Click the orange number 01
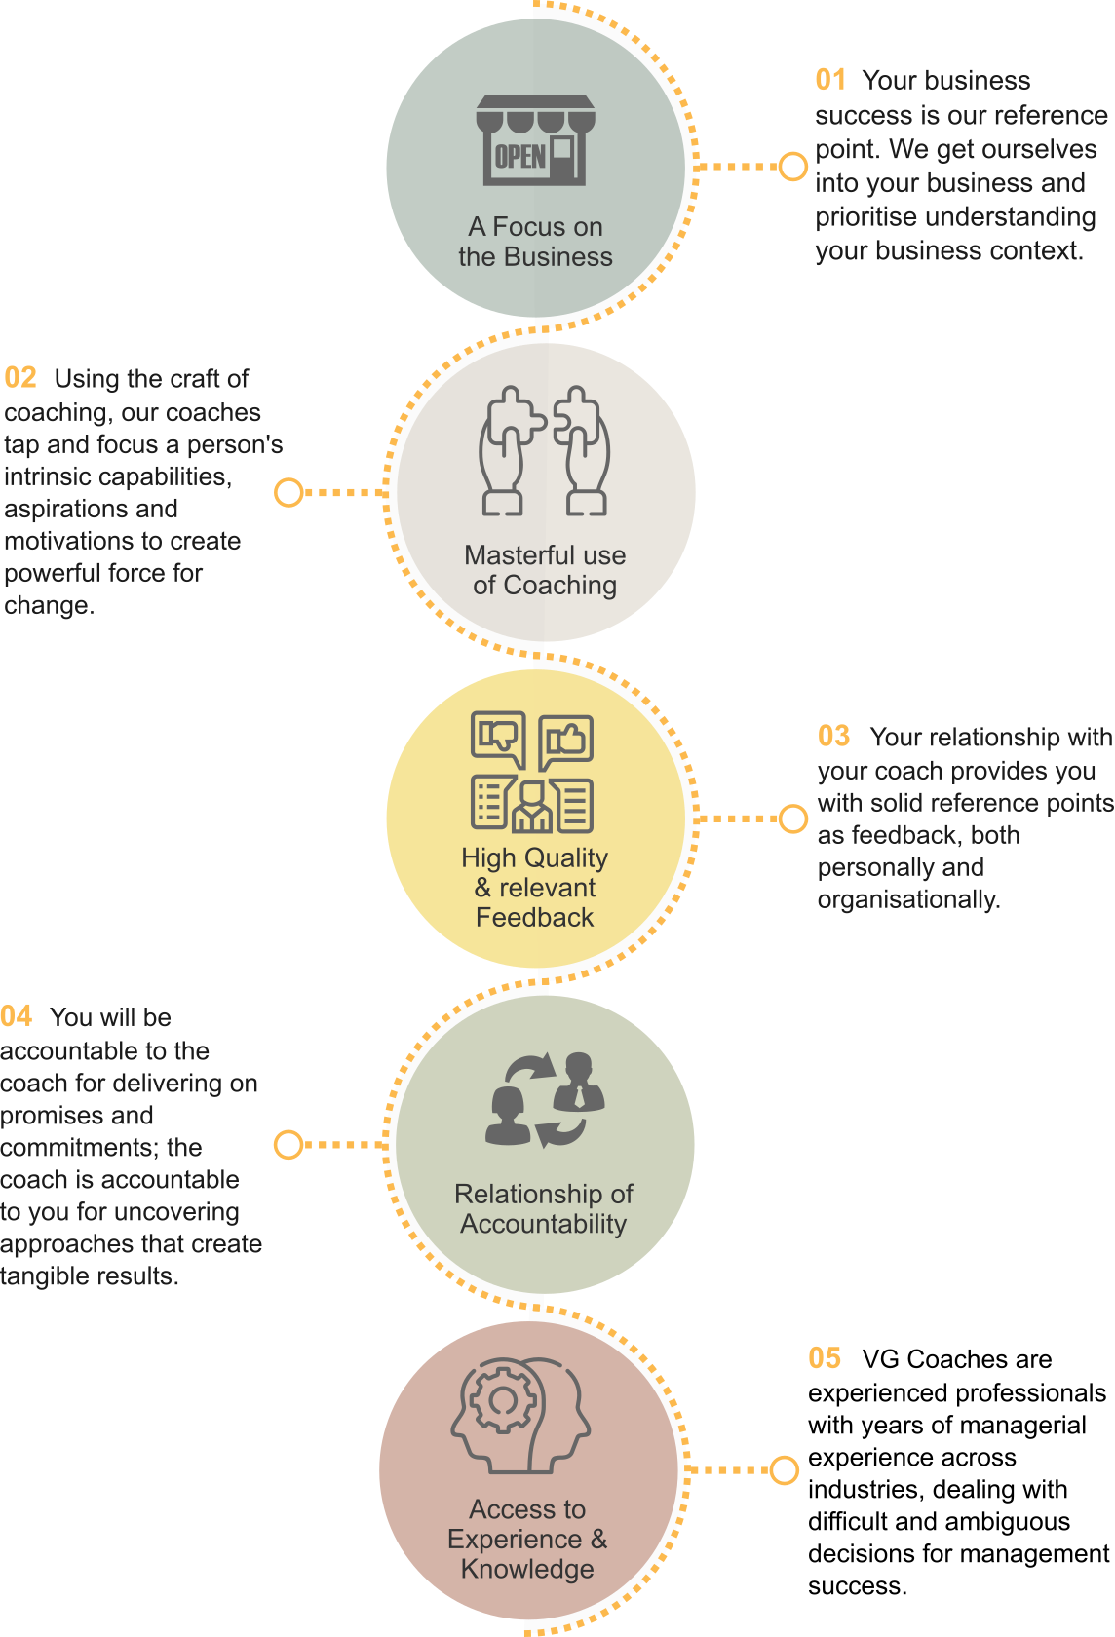point(830,80)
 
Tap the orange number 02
point(20,378)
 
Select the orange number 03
point(833,736)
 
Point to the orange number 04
point(17,1016)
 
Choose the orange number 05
point(825,1358)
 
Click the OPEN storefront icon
point(535,140)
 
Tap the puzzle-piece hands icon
point(545,450)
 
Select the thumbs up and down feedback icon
point(532,772)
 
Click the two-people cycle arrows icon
point(545,1099)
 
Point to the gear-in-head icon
point(520,1415)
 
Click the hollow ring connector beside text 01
point(793,167)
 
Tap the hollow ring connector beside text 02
point(288,492)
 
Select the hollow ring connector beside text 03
point(793,818)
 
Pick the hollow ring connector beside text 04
point(288,1144)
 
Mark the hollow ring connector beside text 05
point(785,1469)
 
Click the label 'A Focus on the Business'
point(535,242)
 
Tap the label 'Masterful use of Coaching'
point(545,570)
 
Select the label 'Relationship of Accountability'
point(544,1208)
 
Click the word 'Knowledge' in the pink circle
point(527,1569)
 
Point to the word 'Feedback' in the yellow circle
point(534,917)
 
